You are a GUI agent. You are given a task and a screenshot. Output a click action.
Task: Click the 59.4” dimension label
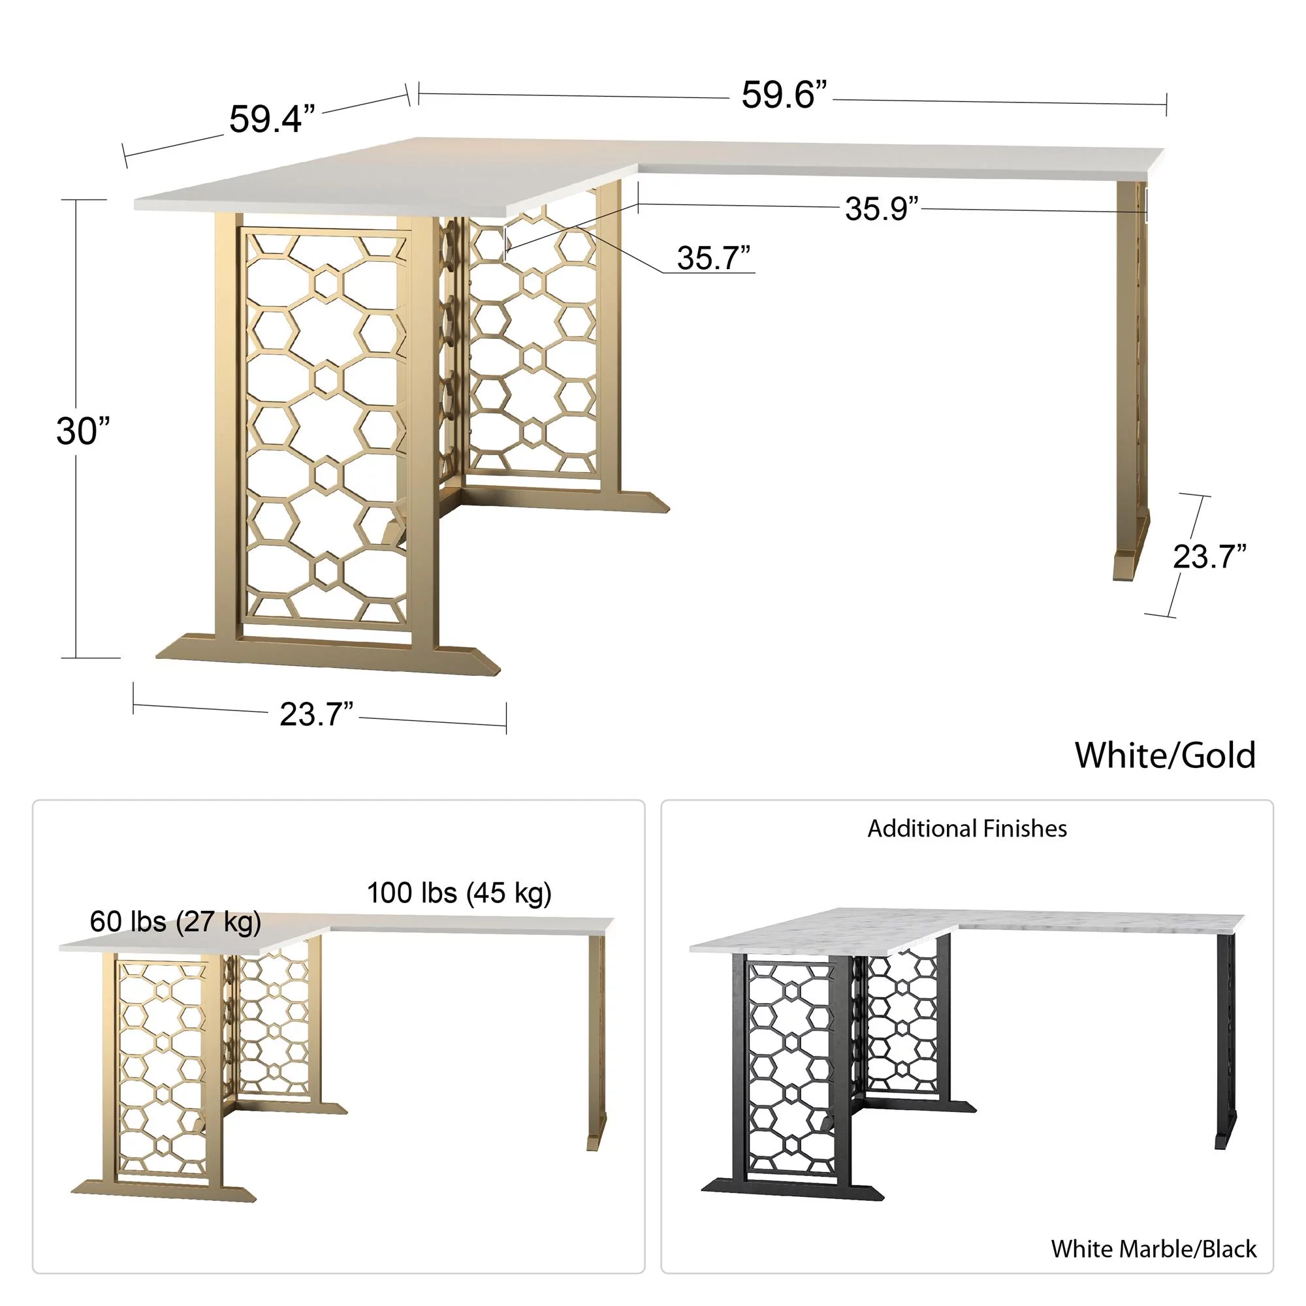pos(272,119)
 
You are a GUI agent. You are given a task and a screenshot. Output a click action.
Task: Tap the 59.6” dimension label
pos(784,95)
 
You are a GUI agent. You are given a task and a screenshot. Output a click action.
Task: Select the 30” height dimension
pos(82,431)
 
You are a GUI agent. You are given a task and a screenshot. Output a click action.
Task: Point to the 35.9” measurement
pos(882,209)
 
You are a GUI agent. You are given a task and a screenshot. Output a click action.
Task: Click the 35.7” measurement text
pos(713,258)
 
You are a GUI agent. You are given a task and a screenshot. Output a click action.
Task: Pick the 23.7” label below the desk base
pos(316,714)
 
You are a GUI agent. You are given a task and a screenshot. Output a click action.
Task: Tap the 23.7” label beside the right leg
pos(1209,557)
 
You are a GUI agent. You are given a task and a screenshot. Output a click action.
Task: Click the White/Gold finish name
pos(1165,755)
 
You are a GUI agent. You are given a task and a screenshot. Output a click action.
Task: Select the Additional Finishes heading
pos(966,829)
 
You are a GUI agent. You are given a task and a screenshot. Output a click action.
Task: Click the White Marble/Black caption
pos(1153,1249)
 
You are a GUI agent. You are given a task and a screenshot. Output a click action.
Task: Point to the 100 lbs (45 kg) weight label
pos(459,893)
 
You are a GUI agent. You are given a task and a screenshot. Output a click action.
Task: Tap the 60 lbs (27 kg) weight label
pos(175,921)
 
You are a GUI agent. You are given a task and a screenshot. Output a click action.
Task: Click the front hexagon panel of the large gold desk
pos(326,426)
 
